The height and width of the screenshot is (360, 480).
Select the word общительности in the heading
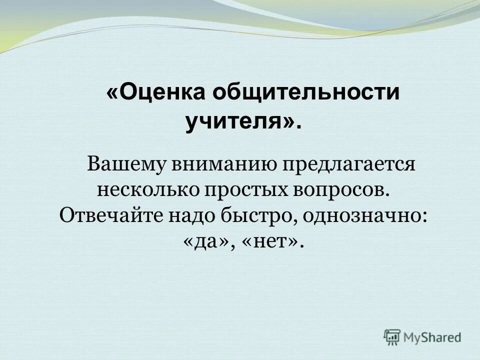tap(305, 93)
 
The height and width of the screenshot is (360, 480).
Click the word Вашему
tap(125, 165)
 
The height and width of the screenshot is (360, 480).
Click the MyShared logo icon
tap(392, 337)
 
